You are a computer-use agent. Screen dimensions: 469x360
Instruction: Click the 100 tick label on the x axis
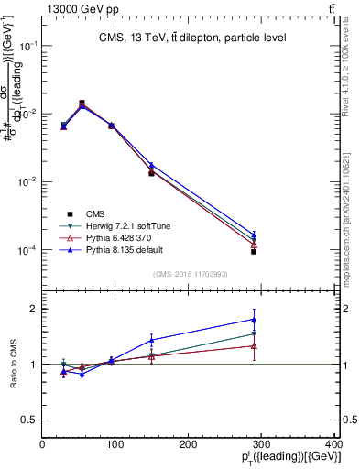[x=115, y=444]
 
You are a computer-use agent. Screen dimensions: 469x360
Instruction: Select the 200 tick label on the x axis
[x=189, y=444]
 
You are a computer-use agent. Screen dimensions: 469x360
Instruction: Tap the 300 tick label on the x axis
[x=261, y=444]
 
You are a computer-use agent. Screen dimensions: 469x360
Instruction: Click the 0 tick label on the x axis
[x=43, y=444]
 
